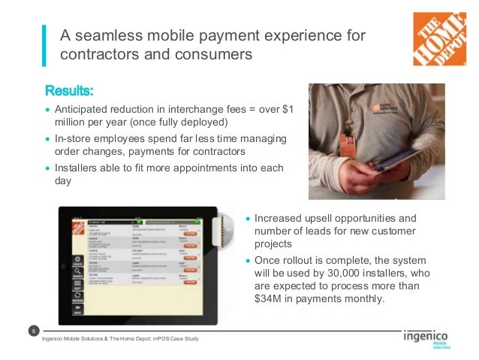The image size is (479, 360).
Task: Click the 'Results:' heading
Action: tap(70, 92)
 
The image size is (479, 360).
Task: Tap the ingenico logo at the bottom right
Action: tap(426, 337)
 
